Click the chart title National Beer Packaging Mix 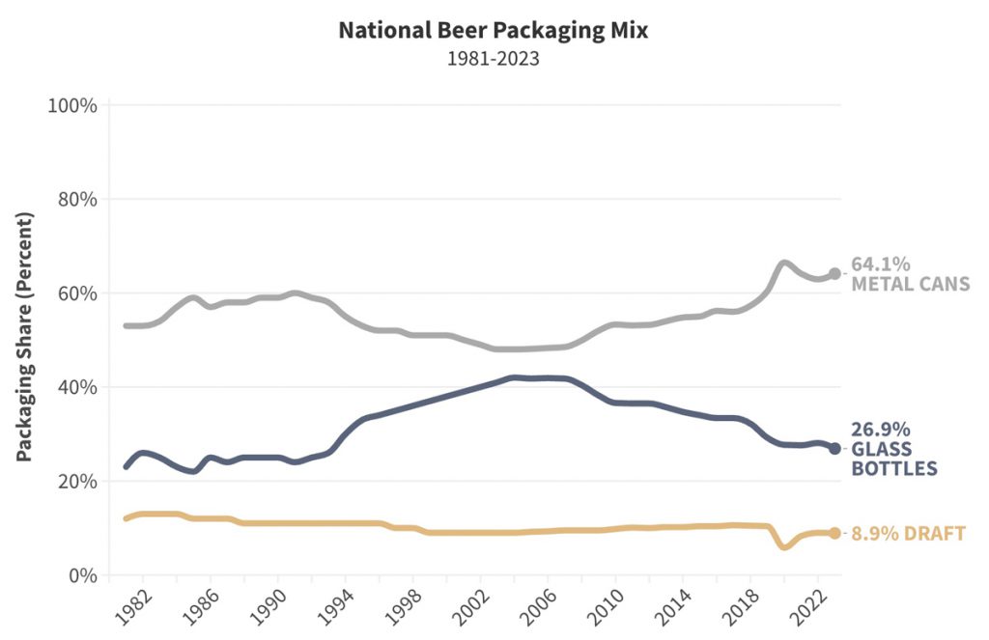pyautogui.click(x=493, y=30)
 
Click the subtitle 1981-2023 pyautogui.click(x=493, y=58)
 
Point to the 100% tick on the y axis pyautogui.click(x=72, y=105)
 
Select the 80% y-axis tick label pyautogui.click(x=76, y=200)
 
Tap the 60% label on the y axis pyautogui.click(x=76, y=293)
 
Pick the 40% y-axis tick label pyautogui.click(x=76, y=388)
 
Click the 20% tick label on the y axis pyautogui.click(x=76, y=482)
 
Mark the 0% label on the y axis pyautogui.click(x=81, y=575)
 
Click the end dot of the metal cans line pyautogui.click(x=834, y=274)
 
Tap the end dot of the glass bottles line pyautogui.click(x=834, y=449)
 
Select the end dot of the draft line pyautogui.click(x=834, y=533)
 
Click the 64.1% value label pyautogui.click(x=881, y=264)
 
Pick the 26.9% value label pyautogui.click(x=881, y=431)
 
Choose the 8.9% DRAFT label pyautogui.click(x=908, y=534)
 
